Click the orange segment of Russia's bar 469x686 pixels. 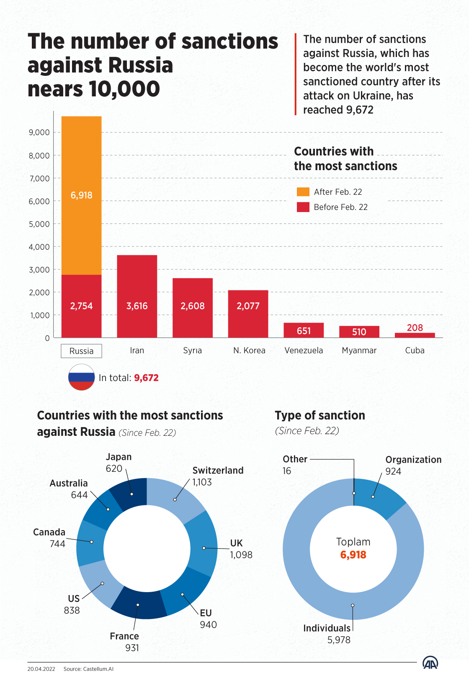[x=81, y=195]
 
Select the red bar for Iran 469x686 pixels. [x=137, y=296]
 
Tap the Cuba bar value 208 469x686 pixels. [x=415, y=328]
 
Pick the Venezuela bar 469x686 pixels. [x=304, y=330]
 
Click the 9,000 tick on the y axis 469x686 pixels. [x=39, y=132]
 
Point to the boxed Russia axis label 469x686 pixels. [x=81, y=351]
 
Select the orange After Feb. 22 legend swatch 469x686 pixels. [x=303, y=192]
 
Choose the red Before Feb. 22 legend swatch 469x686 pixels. [x=303, y=207]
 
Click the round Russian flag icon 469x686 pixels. [x=81, y=377]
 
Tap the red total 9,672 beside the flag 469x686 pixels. [x=146, y=378]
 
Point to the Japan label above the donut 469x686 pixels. [x=119, y=457]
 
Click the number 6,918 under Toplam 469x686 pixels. [x=353, y=554]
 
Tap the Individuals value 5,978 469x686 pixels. [x=339, y=640]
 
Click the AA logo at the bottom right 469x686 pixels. [x=430, y=663]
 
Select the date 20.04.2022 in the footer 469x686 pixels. [x=41, y=669]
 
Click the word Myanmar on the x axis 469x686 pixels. [x=359, y=350]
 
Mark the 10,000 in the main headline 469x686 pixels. [x=124, y=89]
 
